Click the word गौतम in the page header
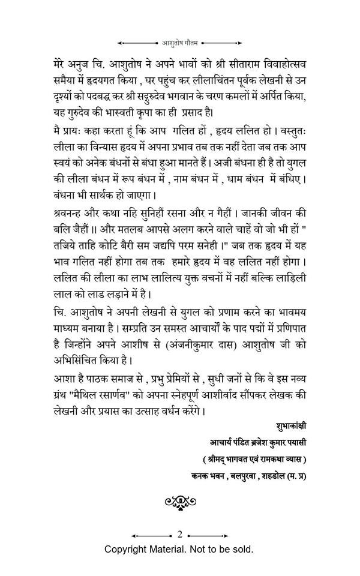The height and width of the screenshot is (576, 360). [195, 43]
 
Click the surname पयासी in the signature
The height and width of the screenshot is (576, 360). [294, 445]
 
